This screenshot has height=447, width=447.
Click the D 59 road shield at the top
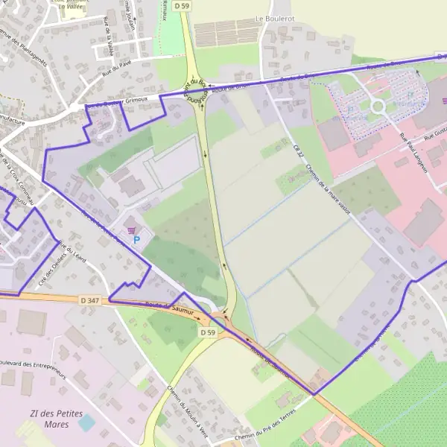coord(182,6)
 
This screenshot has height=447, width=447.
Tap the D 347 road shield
coord(89,299)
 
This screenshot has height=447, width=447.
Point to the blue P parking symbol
coord(136,239)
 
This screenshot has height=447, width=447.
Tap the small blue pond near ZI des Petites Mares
coord(86,422)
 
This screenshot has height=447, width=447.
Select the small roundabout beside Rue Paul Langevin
coord(378,106)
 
